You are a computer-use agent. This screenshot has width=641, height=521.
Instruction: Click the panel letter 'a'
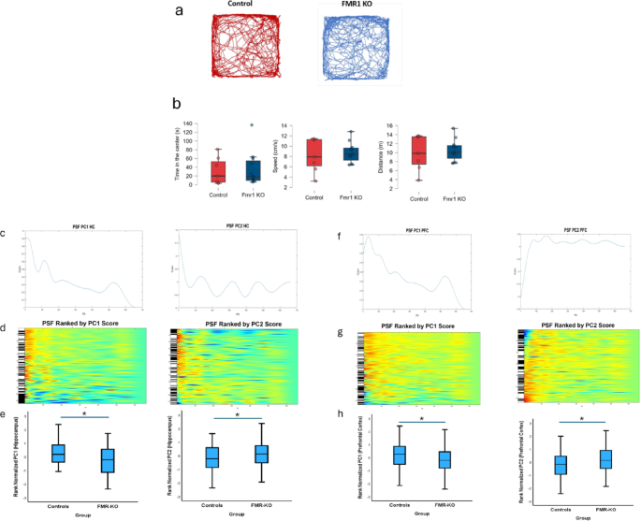click(x=180, y=11)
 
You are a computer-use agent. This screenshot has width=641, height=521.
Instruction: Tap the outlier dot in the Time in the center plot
click(x=251, y=124)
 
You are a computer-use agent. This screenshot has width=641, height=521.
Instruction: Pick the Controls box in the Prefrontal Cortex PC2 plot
click(x=560, y=465)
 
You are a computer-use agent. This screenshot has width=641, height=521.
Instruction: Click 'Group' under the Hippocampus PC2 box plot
click(x=236, y=514)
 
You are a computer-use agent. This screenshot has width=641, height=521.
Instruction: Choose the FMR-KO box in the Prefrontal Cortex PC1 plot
click(x=444, y=459)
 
